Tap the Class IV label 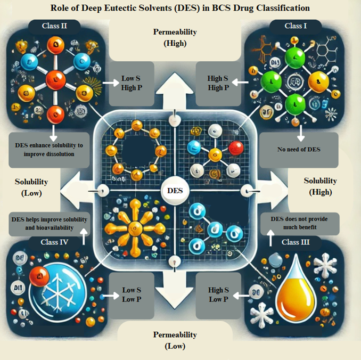coord(57,242)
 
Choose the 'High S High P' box coord(219,83)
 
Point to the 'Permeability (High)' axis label coord(175,37)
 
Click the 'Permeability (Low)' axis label coord(175,340)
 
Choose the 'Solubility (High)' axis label coord(321,186)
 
